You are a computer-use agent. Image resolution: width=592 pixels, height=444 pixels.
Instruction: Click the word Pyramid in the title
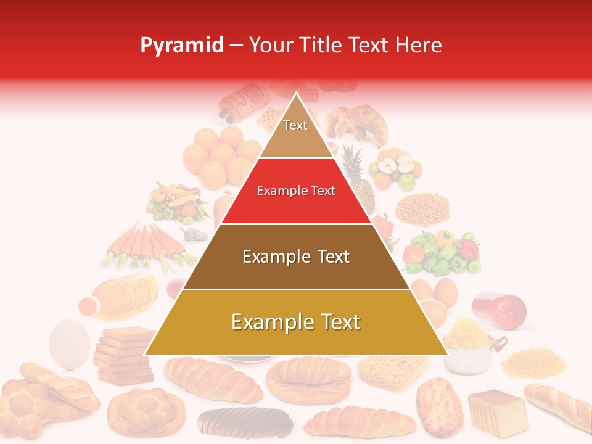tap(182, 46)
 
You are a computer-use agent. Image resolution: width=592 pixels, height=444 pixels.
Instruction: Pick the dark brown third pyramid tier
tap(296, 257)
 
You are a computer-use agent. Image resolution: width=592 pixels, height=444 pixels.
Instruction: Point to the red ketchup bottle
tap(499, 309)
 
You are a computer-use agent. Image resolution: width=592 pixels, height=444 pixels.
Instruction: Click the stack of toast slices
tap(125, 354)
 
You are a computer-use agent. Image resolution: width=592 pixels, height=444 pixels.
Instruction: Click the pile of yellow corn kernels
tap(422, 210)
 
